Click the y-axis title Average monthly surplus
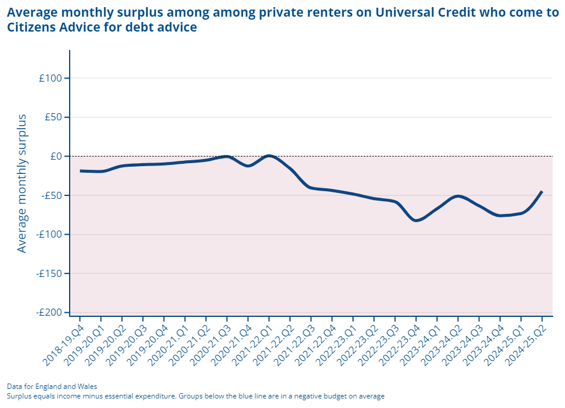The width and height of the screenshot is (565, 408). [x=22, y=183]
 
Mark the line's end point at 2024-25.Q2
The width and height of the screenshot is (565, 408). [x=542, y=191]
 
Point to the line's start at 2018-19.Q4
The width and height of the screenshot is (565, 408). [x=80, y=171]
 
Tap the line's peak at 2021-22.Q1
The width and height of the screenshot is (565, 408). [x=269, y=156]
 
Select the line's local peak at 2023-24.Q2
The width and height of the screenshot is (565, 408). [x=458, y=196]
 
